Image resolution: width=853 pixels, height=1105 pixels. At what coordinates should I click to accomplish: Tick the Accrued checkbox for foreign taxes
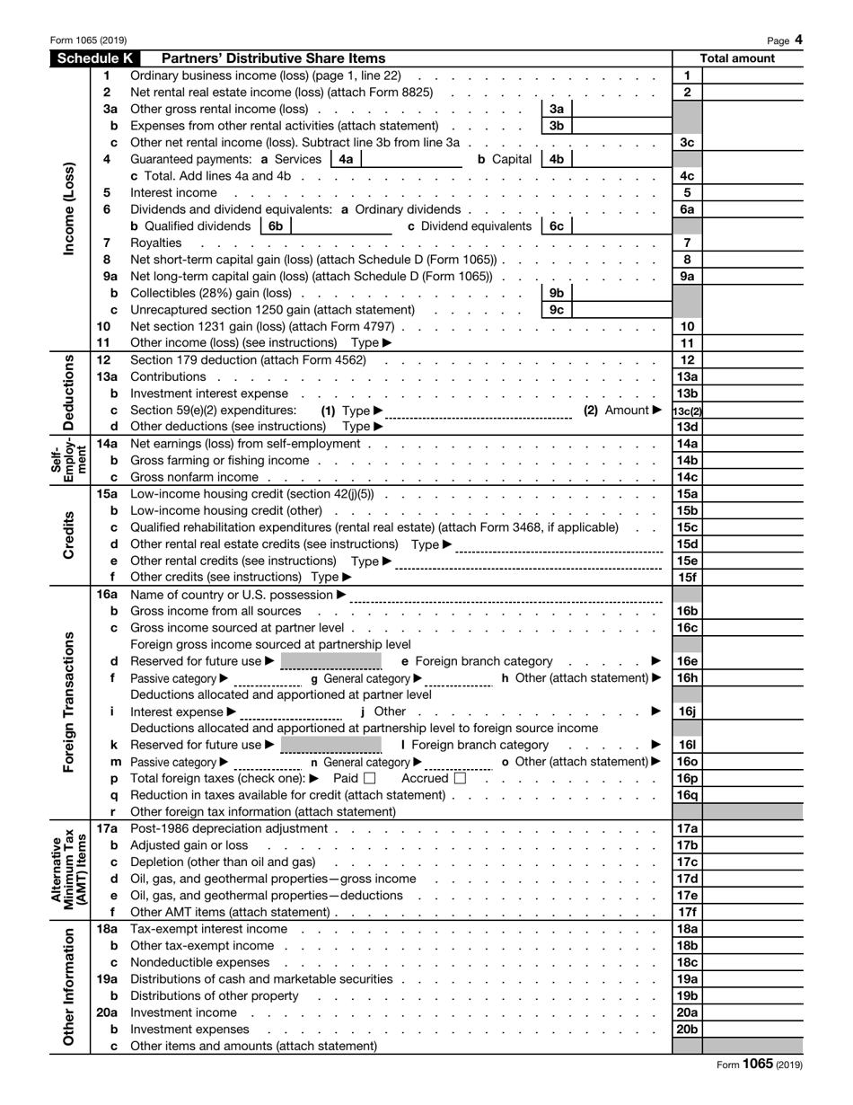pos(461,779)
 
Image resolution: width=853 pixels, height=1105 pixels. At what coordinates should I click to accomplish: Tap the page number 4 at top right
pos(798,40)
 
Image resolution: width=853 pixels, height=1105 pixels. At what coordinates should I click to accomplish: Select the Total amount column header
pos(737,59)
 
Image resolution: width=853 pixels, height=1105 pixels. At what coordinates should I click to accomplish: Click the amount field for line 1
pos(752,76)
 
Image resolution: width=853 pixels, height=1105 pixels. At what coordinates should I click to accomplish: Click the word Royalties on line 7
pos(156,243)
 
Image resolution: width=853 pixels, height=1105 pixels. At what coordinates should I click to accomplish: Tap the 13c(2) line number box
pos(687,411)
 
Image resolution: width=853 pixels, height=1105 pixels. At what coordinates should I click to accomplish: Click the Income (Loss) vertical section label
pos(69,209)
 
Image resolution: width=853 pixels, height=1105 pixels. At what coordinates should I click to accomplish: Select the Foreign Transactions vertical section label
pos(69,702)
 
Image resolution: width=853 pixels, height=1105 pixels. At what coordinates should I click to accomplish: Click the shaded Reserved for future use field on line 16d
pos(331,662)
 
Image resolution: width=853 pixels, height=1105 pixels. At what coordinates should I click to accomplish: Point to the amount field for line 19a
pos(752,979)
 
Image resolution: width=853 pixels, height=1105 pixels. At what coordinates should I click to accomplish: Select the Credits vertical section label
pos(69,536)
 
